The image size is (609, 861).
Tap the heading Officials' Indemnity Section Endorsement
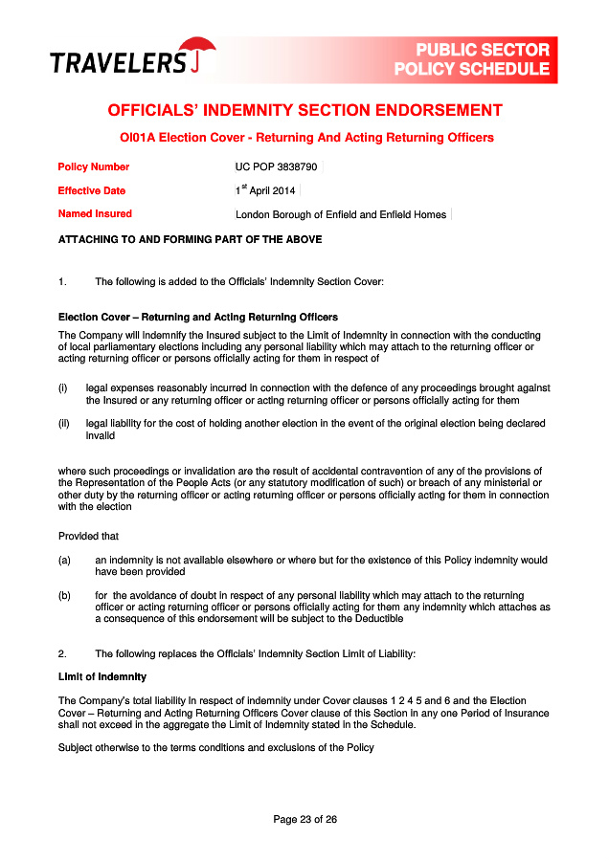[304, 110]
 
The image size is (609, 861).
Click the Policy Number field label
[94, 167]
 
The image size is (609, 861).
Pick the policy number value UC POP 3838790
[276, 167]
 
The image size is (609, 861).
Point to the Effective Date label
[92, 190]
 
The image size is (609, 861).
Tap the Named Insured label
[95, 214]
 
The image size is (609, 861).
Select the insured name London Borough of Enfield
[341, 214]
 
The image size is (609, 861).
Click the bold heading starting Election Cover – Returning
[198, 317]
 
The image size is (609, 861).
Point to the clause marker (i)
[63, 388]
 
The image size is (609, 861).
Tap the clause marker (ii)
[64, 423]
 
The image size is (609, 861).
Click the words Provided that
[89, 536]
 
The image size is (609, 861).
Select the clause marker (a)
[64, 560]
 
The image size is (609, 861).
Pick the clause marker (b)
[64, 595]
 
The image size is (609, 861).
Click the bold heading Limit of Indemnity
[102, 677]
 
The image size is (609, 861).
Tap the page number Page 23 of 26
[304, 819]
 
